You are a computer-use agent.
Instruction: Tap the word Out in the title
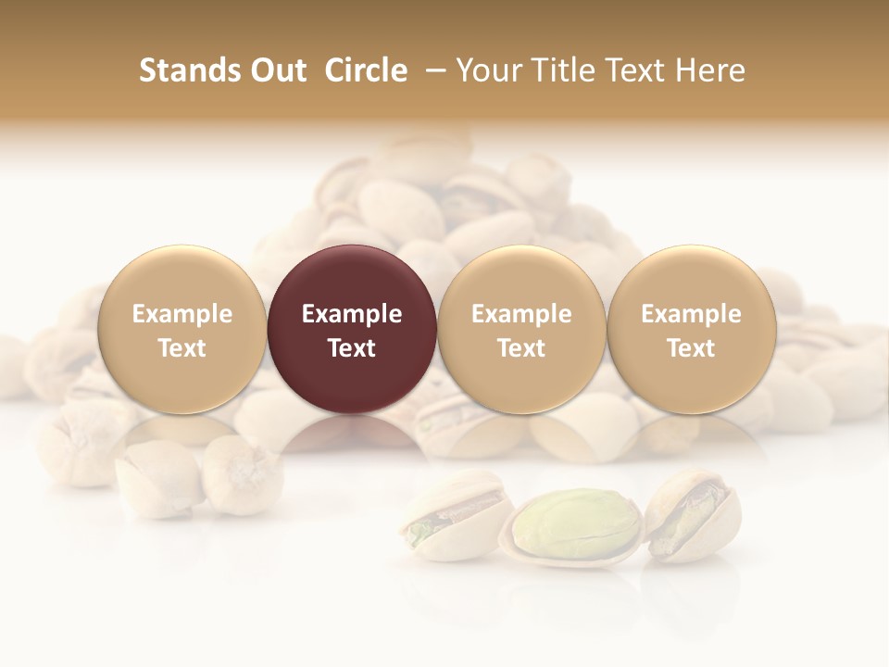point(275,70)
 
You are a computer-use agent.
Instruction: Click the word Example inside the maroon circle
point(352,314)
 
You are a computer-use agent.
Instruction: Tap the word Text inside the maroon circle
point(352,348)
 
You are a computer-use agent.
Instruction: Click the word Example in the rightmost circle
point(691,314)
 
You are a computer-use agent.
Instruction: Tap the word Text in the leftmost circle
point(182,348)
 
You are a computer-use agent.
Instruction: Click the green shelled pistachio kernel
point(574,522)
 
